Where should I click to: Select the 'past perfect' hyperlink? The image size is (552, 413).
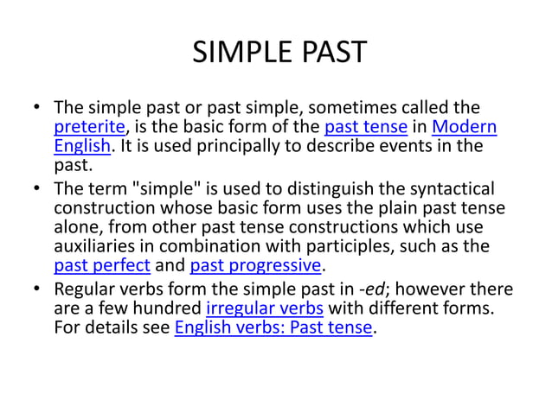(102, 264)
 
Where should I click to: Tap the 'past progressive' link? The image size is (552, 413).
(255, 264)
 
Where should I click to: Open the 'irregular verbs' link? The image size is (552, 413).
(264, 308)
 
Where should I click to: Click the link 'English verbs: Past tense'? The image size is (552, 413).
(274, 327)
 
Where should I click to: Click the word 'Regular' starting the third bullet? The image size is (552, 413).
(86, 289)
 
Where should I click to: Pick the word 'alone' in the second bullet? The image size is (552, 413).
(75, 226)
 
